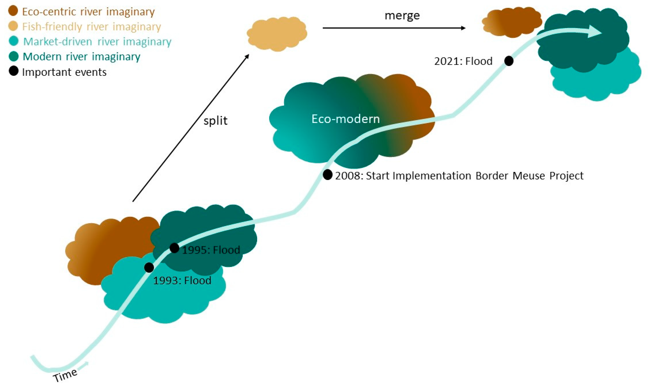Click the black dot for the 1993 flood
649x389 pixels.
point(149,267)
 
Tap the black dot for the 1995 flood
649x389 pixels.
point(175,248)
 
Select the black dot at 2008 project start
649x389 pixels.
point(328,175)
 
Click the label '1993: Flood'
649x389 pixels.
point(182,281)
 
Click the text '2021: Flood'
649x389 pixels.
point(463,61)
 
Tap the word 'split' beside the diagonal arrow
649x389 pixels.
point(215,121)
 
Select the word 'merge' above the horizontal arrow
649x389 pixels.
point(402,16)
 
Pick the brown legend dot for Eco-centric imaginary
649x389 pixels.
point(13,11)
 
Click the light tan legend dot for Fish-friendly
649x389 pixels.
point(13,26)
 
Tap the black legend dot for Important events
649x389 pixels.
point(13,71)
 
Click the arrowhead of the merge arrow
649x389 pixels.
point(463,28)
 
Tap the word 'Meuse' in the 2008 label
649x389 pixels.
point(529,176)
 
